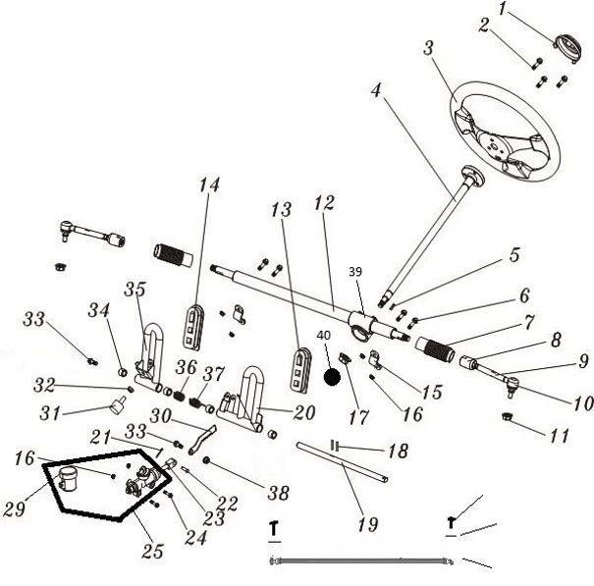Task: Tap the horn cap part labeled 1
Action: (567, 43)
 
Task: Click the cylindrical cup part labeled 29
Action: (68, 481)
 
